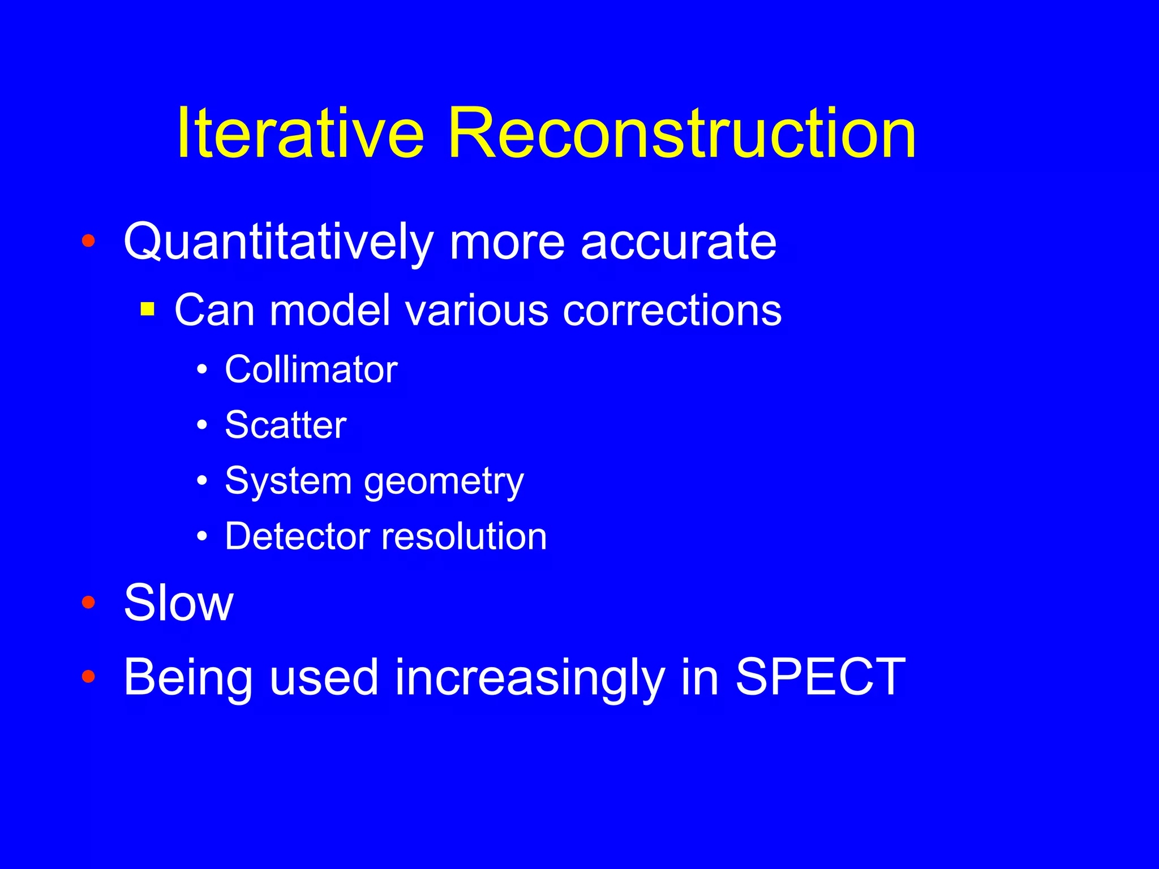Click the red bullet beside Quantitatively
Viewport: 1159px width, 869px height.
pyautogui.click(x=88, y=241)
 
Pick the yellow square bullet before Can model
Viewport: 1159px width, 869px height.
pyautogui.click(x=148, y=309)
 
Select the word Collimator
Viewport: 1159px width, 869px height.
pyautogui.click(x=311, y=369)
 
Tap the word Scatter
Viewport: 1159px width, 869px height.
pyautogui.click(x=285, y=425)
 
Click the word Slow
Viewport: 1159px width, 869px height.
pyautogui.click(x=178, y=603)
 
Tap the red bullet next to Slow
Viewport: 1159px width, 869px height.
pyautogui.click(x=88, y=602)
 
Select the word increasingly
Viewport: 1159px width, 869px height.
pyautogui.click(x=529, y=679)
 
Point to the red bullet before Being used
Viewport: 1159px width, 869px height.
pyautogui.click(x=88, y=676)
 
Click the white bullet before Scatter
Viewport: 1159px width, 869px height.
pyautogui.click(x=202, y=425)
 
